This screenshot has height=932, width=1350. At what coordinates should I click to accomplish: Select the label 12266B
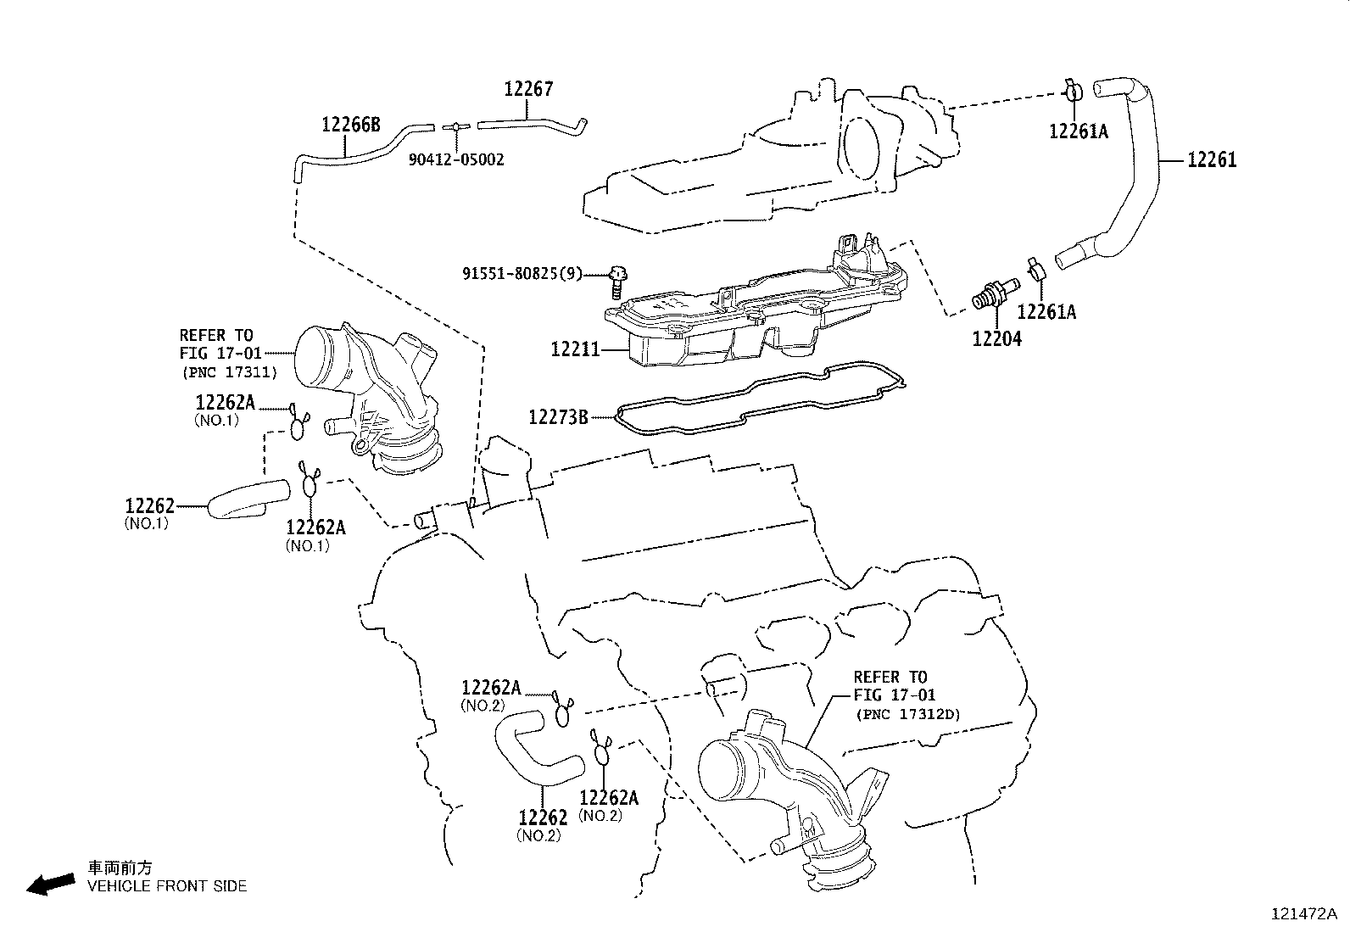tap(350, 125)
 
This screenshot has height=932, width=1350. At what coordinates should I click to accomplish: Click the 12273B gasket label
tap(558, 416)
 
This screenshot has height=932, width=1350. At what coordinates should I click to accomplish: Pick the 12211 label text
tap(575, 349)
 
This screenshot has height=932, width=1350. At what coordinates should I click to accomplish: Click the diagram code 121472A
tap(1303, 913)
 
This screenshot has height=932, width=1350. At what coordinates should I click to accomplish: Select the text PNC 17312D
tap(907, 714)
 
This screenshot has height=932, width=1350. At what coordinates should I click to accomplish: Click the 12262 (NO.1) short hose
tap(246, 497)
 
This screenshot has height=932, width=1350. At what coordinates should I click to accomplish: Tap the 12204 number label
tap(996, 338)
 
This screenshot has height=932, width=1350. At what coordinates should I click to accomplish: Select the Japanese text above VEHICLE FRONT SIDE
tap(120, 868)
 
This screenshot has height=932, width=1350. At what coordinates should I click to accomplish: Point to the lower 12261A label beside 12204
tap(1046, 312)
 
